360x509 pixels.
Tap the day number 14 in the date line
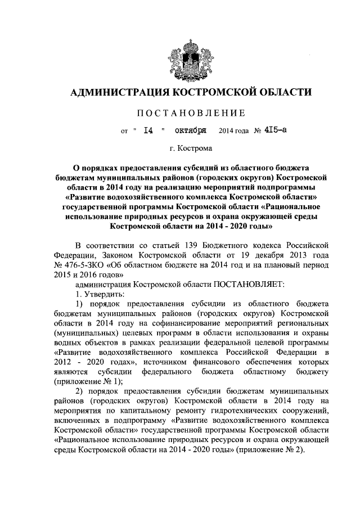tap(148, 132)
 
